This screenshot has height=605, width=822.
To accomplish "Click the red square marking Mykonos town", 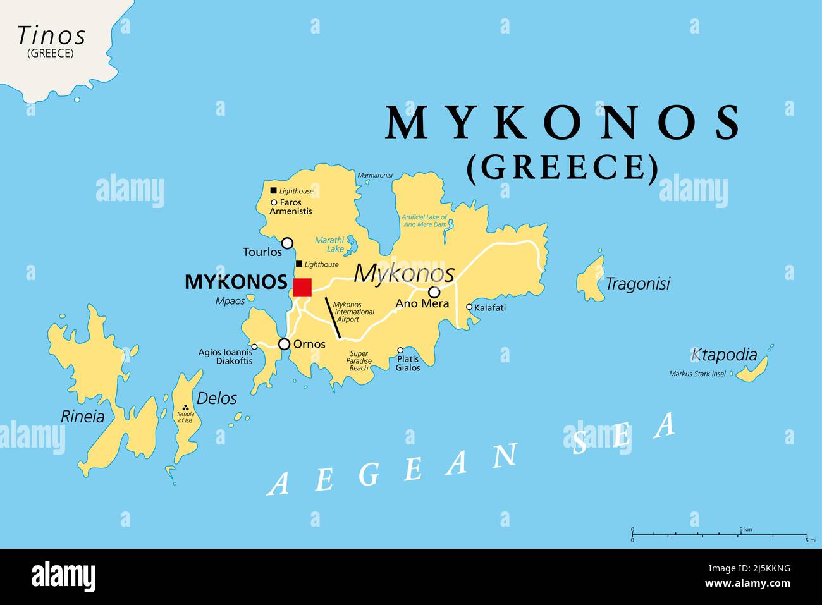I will [x=302, y=287].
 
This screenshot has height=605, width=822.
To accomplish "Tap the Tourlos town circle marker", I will [x=287, y=243].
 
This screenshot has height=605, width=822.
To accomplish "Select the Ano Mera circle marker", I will [x=434, y=292].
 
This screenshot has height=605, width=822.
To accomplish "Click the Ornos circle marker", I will [x=285, y=344].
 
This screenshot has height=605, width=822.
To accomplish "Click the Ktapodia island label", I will [x=724, y=355].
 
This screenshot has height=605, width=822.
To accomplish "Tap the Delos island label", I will [x=216, y=398].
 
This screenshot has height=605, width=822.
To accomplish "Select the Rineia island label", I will [x=82, y=416].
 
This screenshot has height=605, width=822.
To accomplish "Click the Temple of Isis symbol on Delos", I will [x=185, y=408].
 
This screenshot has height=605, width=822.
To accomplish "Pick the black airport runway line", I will [x=333, y=317].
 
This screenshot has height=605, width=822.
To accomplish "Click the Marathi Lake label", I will [x=330, y=244].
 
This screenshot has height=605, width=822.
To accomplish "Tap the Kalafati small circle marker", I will [x=469, y=307].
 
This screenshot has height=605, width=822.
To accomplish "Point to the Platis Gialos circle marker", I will [x=400, y=350].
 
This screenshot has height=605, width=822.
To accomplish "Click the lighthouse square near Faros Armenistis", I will [x=273, y=190].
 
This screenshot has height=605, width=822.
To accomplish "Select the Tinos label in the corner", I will [x=51, y=36].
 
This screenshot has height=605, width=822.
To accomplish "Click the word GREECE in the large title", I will [x=562, y=167].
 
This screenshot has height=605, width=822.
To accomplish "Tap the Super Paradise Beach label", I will [x=359, y=361].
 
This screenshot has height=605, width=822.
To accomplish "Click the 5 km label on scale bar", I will [x=745, y=529].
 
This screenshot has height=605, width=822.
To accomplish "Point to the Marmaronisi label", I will [x=375, y=175].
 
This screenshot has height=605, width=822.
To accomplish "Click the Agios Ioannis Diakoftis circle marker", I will [x=254, y=346].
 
